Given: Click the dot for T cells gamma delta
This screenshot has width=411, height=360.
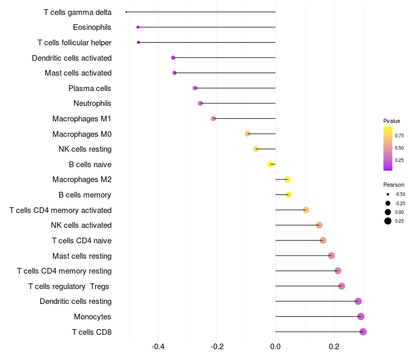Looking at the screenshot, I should pyautogui.click(x=126, y=12).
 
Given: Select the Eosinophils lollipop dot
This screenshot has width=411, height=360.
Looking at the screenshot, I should pyautogui.click(x=138, y=27).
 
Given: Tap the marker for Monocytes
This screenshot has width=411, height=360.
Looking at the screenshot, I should pyautogui.click(x=361, y=317).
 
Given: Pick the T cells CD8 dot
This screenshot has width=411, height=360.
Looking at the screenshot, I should pyautogui.click(x=363, y=332).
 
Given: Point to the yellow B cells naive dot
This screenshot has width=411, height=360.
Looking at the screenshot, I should pyautogui.click(x=270, y=165).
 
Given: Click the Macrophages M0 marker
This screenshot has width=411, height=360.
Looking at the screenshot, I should pyautogui.click(x=248, y=134).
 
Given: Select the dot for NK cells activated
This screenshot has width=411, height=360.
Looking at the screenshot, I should pyautogui.click(x=319, y=225).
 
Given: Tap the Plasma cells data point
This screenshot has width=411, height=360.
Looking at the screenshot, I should pyautogui.click(x=195, y=88).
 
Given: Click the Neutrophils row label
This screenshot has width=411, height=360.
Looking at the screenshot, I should pyautogui.click(x=92, y=103).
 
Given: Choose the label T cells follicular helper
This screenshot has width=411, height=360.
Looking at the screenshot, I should pyautogui.click(x=74, y=42).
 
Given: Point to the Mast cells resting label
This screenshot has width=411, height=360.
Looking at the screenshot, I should pyautogui.click(x=82, y=256).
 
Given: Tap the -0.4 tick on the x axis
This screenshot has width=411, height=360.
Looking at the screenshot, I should pyautogui.click(x=158, y=346).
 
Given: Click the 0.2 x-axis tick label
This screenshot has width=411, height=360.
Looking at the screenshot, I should pyautogui.click(x=334, y=346).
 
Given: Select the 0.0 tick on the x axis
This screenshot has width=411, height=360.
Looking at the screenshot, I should pyautogui.click(x=275, y=346).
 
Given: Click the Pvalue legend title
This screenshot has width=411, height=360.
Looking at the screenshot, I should pyautogui.click(x=391, y=121).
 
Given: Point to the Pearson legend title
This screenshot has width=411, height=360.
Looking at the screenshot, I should pyautogui.click(x=394, y=185).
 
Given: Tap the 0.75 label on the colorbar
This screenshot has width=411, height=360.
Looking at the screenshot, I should pyautogui.click(x=399, y=136).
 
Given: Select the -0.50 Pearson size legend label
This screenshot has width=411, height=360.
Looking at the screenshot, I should pyautogui.click(x=400, y=194).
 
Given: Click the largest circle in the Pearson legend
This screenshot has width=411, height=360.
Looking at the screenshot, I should pyautogui.click(x=387, y=221).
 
